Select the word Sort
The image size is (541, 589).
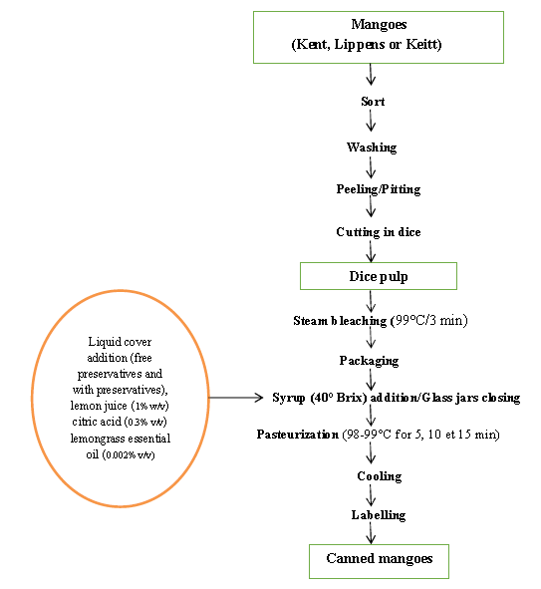pyautogui.click(x=373, y=102)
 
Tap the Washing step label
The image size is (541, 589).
pyautogui.click(x=372, y=147)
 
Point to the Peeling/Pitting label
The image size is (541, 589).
pyautogui.click(x=378, y=189)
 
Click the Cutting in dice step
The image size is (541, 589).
pyautogui.click(x=378, y=232)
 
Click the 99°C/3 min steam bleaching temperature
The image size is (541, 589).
pyautogui.click(x=430, y=321)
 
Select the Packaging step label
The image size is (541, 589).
pyautogui.click(x=369, y=361)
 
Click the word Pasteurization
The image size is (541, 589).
pyautogui.click(x=297, y=435)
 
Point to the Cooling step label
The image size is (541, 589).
pyautogui.click(x=380, y=476)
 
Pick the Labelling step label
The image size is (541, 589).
pyautogui.click(x=379, y=515)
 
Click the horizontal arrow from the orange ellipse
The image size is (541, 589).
pyautogui.click(x=236, y=397)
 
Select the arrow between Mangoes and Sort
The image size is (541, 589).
pyautogui.click(x=371, y=75)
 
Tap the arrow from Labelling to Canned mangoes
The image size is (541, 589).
pyautogui.click(x=371, y=533)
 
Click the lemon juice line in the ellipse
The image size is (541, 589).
pyautogui.click(x=120, y=406)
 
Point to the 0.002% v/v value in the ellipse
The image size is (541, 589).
pyautogui.click(x=129, y=454)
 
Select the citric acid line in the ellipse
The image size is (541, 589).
pyautogui.click(x=120, y=422)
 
